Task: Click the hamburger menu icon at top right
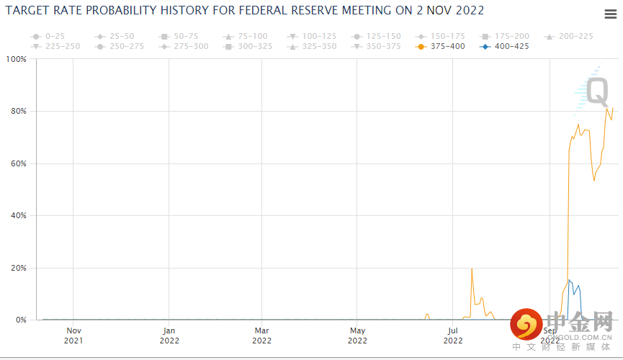[609, 15]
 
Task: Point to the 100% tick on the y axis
[16, 59]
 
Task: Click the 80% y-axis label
[18, 112]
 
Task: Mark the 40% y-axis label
[18, 216]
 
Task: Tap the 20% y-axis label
[18, 268]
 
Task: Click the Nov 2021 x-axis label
[74, 336]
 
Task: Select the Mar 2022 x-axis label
[262, 336]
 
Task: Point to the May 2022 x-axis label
[357, 336]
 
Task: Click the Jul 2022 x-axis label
[452, 336]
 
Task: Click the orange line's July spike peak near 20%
[472, 269]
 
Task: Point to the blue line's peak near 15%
[569, 279]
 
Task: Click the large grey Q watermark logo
[596, 92]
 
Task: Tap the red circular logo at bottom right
[526, 325]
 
